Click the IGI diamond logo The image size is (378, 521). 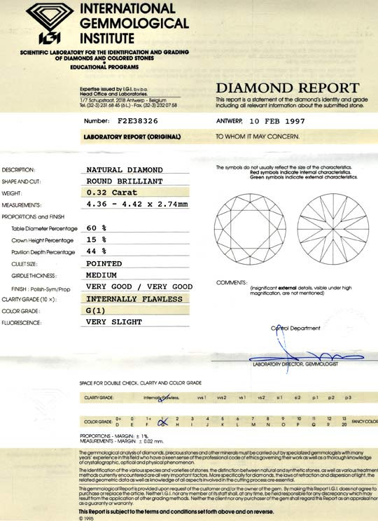(x=43, y=23)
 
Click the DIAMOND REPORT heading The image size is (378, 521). (x=287, y=88)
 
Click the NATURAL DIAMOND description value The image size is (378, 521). (x=125, y=169)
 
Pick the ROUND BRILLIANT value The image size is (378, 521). (x=125, y=181)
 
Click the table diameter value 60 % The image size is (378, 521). (x=95, y=228)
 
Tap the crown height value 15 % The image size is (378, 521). (x=95, y=240)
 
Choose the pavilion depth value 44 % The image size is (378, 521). (x=95, y=251)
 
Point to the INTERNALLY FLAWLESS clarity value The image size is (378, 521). (x=134, y=299)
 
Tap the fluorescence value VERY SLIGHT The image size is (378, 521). (x=114, y=322)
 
